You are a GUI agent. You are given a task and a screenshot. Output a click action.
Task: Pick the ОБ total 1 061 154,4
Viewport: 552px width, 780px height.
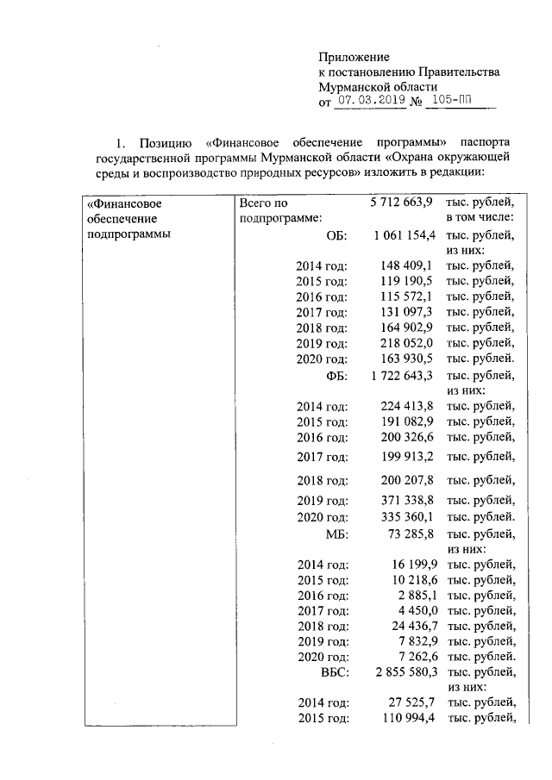coord(403,234)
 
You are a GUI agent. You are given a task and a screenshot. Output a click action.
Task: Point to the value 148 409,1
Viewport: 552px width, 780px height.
coord(405,265)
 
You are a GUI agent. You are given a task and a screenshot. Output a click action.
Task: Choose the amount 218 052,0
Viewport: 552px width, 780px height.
coord(405,343)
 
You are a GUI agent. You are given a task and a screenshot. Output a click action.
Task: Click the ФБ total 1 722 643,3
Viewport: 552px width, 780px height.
coord(403,375)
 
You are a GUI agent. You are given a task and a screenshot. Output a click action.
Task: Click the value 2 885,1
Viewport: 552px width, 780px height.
coord(411,596)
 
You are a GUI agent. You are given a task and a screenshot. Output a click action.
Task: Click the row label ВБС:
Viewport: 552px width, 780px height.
coord(331,672)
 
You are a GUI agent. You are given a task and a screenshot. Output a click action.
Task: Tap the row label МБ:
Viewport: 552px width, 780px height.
coord(336,534)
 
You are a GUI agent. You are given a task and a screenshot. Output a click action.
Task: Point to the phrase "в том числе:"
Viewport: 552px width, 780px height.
coord(480,219)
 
